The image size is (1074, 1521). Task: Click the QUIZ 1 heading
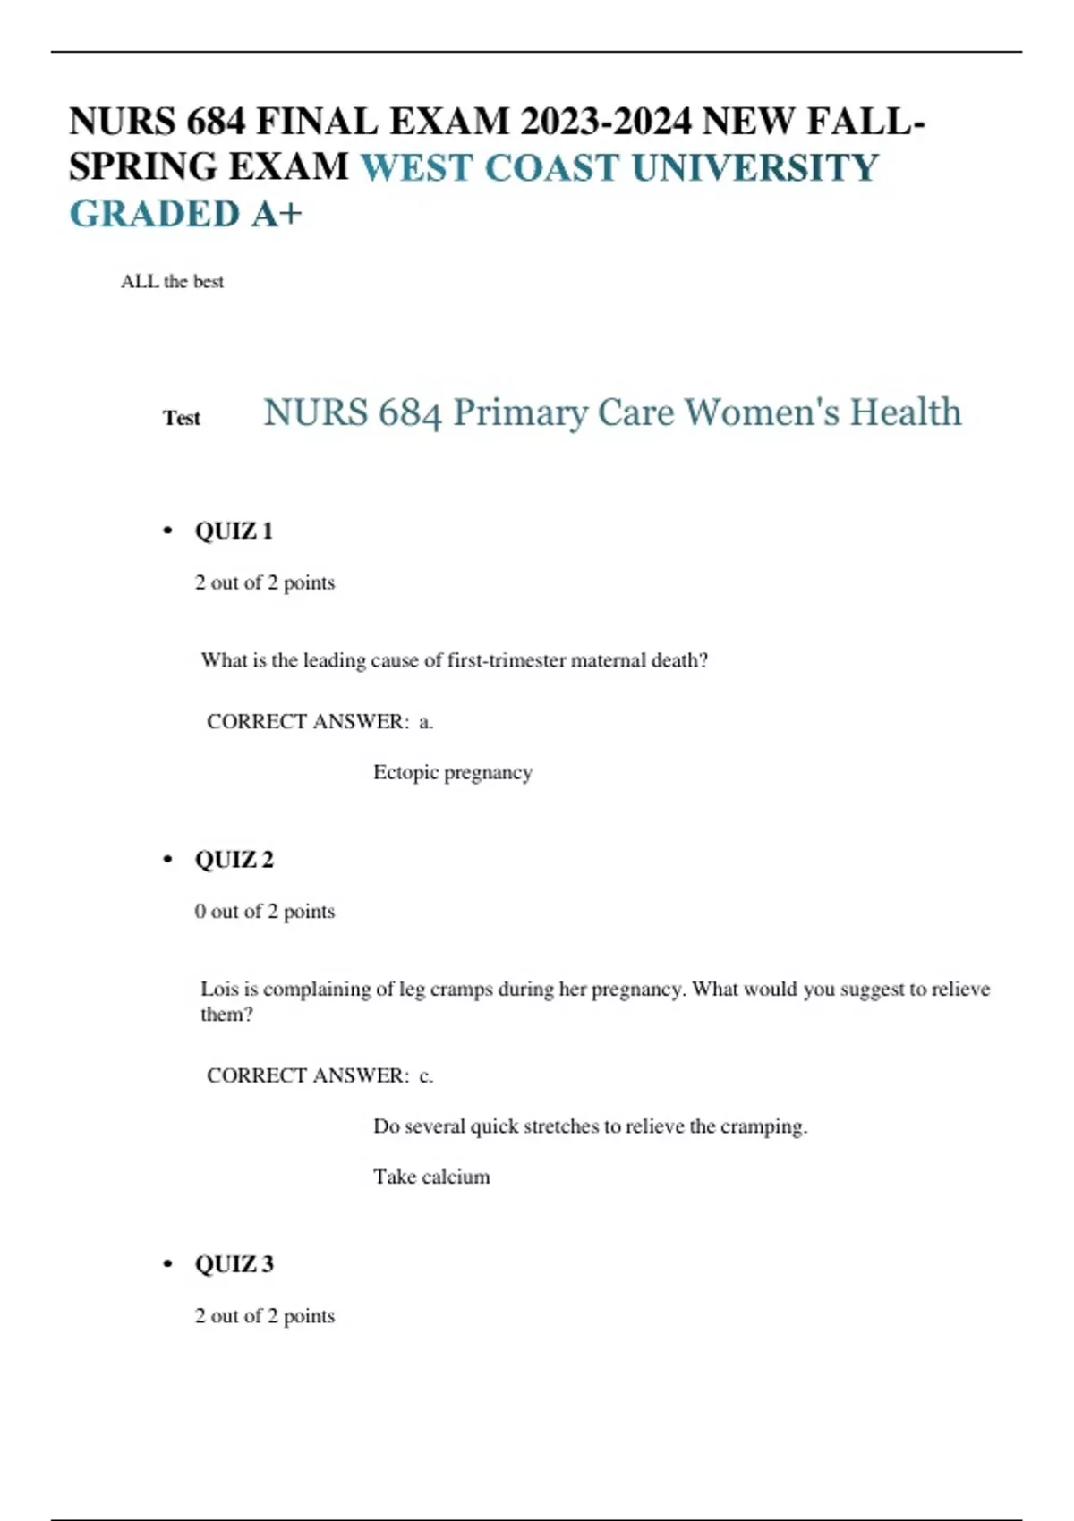[234, 531]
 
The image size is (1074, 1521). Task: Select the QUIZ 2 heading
[234, 860]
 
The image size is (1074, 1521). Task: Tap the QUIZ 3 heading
[234, 1264]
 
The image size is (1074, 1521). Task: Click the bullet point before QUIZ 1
[167, 531]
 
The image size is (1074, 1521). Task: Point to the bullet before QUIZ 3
[167, 1264]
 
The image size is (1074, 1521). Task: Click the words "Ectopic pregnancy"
[452, 772]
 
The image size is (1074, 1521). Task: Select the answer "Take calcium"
[431, 1177]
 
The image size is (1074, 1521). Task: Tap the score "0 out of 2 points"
[265, 912]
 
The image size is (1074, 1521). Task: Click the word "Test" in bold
[182, 418]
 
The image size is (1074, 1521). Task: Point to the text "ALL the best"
[172, 282]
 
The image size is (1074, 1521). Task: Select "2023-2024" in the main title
[605, 122]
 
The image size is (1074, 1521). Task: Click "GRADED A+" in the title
[185, 215]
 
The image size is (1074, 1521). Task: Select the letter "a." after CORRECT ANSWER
[426, 722]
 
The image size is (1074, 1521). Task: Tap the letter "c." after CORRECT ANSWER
[426, 1075]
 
